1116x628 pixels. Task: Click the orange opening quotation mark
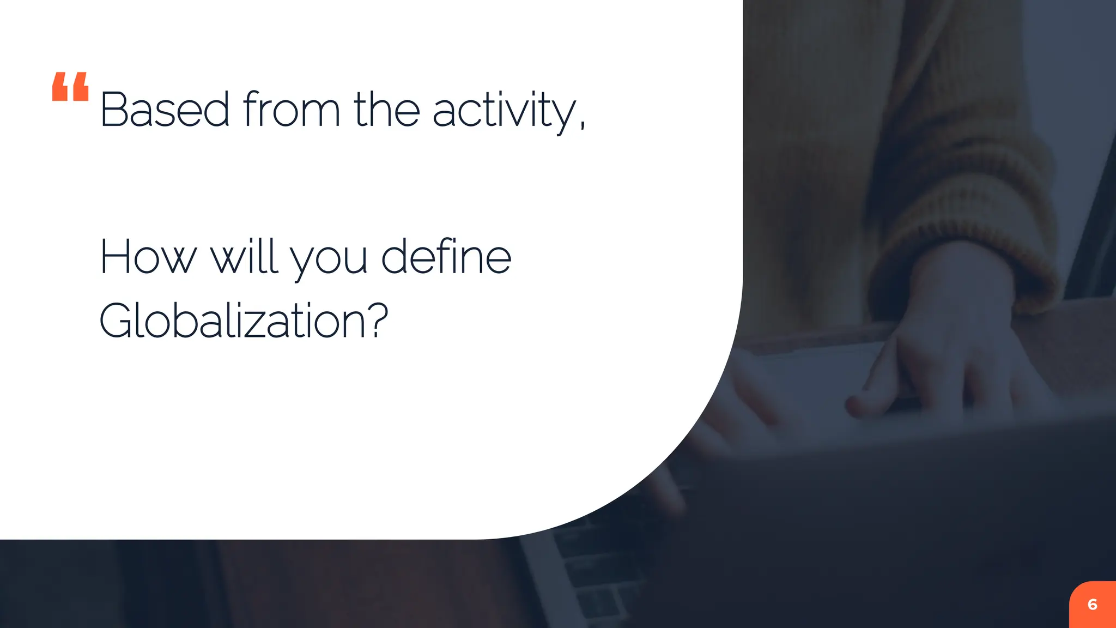pos(70,87)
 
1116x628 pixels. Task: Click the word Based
pos(165,110)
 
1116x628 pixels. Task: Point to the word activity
pos(504,111)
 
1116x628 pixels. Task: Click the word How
pos(147,257)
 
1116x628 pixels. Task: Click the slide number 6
pos(1092,605)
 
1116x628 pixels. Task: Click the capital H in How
pos(115,257)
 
